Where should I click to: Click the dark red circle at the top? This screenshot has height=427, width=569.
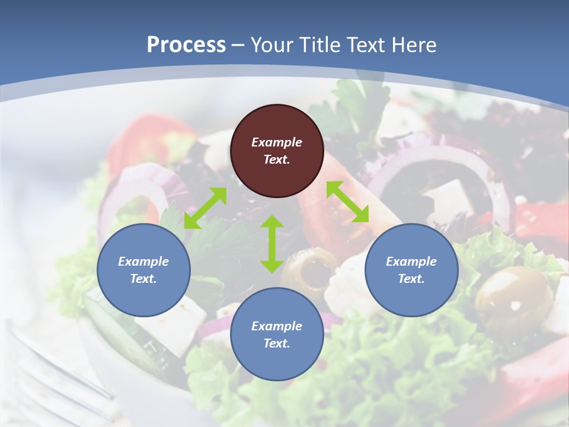277,151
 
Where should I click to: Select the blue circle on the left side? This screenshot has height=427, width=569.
143,270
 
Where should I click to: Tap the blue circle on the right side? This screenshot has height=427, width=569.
411,270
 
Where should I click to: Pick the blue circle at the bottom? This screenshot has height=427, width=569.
277,334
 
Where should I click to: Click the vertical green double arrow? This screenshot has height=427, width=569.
272,244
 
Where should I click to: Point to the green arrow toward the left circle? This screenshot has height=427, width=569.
205,208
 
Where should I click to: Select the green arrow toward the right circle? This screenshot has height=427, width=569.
347,202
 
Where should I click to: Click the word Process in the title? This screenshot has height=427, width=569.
186,44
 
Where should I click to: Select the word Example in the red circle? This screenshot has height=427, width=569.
277,142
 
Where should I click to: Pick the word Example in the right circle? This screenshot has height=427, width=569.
411,262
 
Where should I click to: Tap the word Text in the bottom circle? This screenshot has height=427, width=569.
275,343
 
